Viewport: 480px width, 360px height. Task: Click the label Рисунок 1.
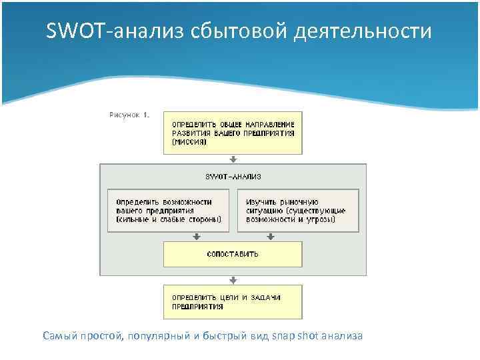click(x=129, y=115)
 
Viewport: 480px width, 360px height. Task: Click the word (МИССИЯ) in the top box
click(x=189, y=142)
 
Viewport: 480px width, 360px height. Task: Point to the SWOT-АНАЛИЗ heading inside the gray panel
click(x=233, y=177)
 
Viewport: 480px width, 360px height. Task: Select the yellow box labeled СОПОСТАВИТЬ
click(x=233, y=254)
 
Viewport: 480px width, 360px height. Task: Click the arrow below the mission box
click(x=233, y=160)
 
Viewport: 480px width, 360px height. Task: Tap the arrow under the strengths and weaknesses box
click(x=197, y=236)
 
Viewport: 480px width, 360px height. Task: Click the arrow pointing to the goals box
click(x=233, y=281)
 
